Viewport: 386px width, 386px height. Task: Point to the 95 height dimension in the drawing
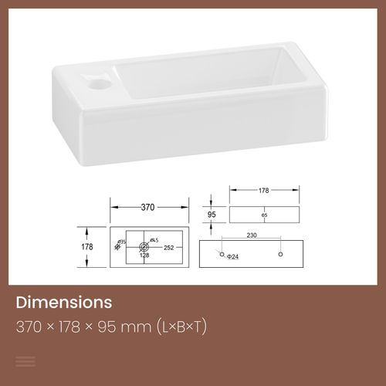point(211,215)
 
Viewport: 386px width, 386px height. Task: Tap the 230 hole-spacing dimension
point(252,236)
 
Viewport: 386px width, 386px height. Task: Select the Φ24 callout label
point(232,257)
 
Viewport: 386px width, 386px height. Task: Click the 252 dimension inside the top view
point(168,249)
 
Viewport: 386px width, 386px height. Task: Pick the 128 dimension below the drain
point(144,256)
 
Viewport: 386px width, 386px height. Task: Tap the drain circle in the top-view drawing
point(144,247)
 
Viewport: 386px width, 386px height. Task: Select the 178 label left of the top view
point(86,247)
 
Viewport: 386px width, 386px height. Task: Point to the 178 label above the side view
point(263,189)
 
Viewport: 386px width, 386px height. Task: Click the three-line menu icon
point(25,361)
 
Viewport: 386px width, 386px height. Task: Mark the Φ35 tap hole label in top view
point(120,243)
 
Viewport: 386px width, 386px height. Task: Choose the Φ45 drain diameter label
point(153,239)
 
